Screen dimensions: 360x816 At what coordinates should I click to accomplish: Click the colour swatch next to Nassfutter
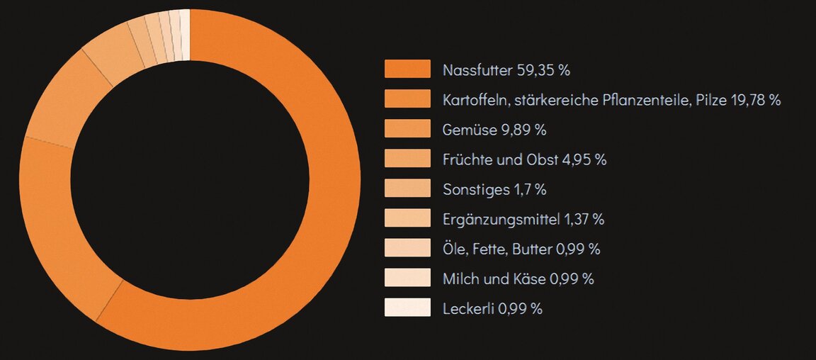click(407, 69)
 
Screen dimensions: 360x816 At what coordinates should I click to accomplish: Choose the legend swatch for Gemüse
click(407, 129)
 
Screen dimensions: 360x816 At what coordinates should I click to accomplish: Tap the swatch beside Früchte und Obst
click(407, 159)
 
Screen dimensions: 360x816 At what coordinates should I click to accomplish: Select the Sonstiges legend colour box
click(407, 189)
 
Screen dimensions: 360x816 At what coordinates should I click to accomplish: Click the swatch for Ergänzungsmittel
click(407, 218)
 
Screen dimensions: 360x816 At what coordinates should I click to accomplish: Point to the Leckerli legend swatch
click(407, 308)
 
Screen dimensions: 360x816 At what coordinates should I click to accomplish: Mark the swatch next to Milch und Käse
click(407, 278)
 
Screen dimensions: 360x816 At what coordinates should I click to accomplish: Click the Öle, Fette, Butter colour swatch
click(407, 248)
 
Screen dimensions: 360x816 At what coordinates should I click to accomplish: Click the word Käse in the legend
click(531, 279)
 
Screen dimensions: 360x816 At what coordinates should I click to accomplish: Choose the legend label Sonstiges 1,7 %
click(494, 189)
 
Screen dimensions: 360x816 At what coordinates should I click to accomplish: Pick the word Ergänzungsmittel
click(501, 219)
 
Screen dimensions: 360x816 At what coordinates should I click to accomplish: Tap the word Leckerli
click(468, 308)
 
